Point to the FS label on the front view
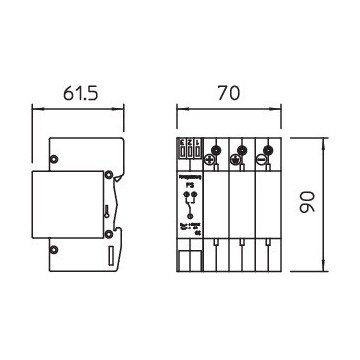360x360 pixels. [187, 183]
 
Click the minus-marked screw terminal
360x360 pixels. [261, 159]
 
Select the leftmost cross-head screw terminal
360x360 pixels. [211, 158]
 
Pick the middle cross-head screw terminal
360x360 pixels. [237, 158]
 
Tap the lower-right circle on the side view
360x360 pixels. [106, 234]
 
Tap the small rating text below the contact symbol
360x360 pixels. [187, 231]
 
